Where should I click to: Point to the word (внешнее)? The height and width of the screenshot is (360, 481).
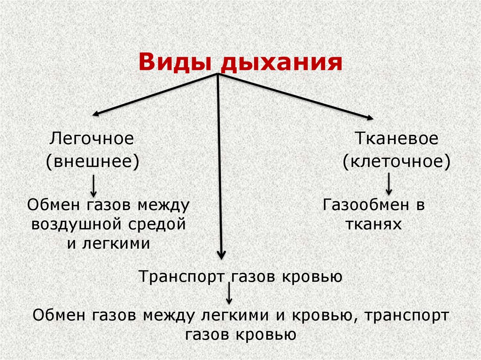(x=93, y=162)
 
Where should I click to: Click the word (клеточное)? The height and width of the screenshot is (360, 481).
(x=396, y=162)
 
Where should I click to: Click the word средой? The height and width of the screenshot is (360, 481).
(x=161, y=224)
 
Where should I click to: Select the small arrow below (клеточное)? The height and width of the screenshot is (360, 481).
(x=388, y=184)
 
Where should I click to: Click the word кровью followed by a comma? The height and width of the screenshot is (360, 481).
(x=327, y=315)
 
